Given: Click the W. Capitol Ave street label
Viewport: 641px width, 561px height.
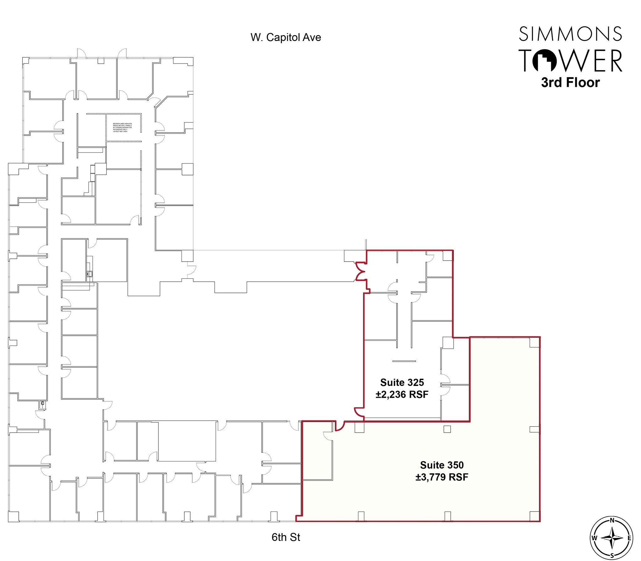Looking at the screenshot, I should click(285, 38).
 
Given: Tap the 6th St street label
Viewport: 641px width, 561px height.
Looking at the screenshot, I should click(285, 537).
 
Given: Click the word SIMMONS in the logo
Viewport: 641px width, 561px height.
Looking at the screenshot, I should click(570, 34).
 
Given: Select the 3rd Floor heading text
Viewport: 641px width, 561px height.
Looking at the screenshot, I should click(570, 82).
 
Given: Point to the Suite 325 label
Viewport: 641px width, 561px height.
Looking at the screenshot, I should click(402, 382).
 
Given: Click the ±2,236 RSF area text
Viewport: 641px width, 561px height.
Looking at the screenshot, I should click(402, 394).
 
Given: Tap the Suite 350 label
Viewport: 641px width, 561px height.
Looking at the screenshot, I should click(442, 465).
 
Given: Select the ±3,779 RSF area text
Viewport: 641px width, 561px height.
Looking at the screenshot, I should click(442, 477).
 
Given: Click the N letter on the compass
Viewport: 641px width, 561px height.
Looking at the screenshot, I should click(612, 521).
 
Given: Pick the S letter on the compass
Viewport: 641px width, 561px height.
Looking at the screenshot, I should click(612, 556).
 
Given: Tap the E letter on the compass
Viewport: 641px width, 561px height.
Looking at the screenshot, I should click(629, 538).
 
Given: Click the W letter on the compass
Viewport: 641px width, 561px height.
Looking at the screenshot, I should click(594, 538).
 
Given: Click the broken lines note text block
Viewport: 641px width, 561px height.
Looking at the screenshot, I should click(122, 127).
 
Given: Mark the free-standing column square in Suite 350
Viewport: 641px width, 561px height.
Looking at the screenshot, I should click(447, 429).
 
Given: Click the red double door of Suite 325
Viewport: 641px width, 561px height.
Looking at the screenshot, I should click(361, 271).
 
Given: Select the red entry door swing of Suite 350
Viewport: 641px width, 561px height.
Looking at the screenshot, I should click(340, 426).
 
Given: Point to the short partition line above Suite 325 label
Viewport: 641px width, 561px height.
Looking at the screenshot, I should click(404, 361).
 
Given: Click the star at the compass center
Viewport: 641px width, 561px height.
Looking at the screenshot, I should click(612, 538).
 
